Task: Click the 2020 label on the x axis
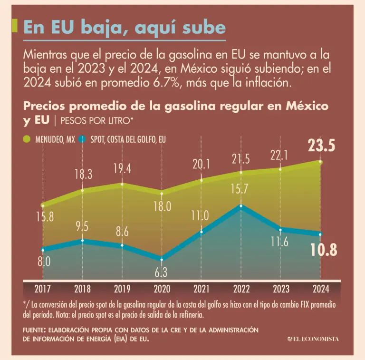tap(162, 289)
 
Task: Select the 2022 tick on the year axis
tap(241, 289)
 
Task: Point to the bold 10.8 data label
tap(324, 250)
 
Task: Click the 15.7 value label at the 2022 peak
tap(240, 189)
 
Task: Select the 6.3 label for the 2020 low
tap(162, 272)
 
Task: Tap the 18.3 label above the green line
tap(83, 175)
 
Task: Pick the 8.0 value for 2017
tap(44, 261)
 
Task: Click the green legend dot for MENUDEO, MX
tap(27, 140)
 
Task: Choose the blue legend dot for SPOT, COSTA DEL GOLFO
tap(82, 140)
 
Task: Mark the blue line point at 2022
tap(241, 206)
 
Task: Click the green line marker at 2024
tap(320, 162)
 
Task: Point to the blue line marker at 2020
tap(162, 260)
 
